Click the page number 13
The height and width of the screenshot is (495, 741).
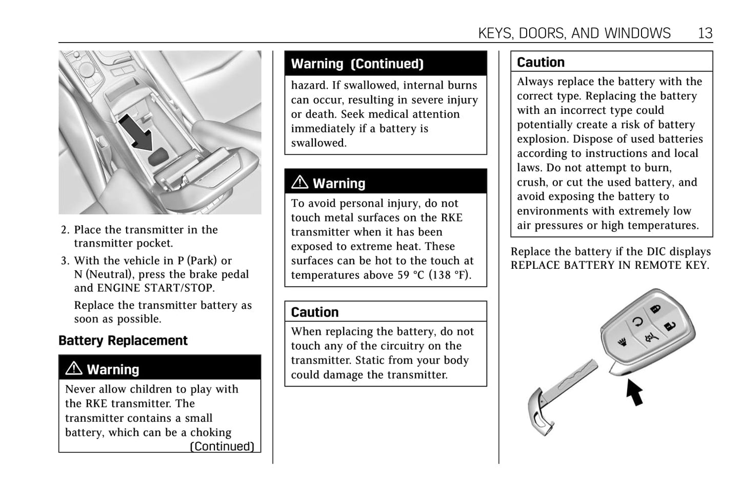tap(705, 33)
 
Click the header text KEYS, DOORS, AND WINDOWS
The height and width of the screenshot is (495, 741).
tap(574, 33)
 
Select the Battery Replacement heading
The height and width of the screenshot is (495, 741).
tap(123, 341)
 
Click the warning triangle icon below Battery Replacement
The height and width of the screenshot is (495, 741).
tap(74, 368)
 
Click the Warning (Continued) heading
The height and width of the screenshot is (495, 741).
tap(357, 64)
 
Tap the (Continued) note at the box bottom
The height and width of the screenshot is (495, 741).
tap(222, 446)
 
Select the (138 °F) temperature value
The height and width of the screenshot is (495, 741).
tap(450, 275)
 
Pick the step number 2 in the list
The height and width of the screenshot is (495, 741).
tap(65, 230)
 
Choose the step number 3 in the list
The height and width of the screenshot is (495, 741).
tap(65, 261)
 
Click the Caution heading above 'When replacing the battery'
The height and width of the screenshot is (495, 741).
tap(315, 312)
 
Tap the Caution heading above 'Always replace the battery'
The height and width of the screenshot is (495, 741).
tap(540, 62)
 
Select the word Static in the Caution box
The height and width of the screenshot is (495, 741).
tap(403, 360)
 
